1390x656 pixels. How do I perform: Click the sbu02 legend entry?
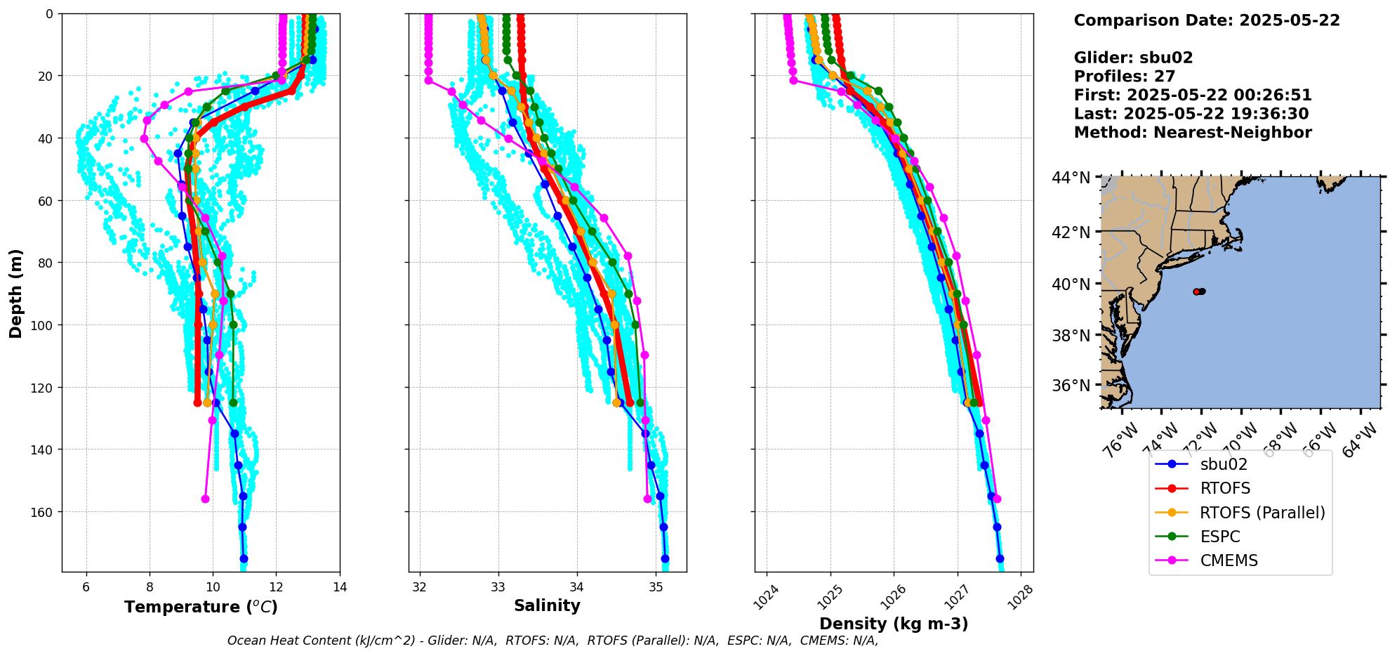pos(1224,464)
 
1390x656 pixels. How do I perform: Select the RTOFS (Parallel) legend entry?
pos(1262,513)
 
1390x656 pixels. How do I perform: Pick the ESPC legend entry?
pos(1220,537)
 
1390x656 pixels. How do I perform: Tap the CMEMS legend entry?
pos(1229,560)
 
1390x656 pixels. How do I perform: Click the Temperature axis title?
pos(201,607)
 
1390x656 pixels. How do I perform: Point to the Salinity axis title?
pos(547,605)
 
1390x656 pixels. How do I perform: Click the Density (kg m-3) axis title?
pos(894,624)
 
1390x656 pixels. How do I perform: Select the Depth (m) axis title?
pos(15,294)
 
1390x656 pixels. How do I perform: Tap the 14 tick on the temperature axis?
pos(340,587)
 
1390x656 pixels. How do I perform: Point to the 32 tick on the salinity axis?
pos(420,587)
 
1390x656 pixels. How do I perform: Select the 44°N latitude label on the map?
pos(1071,178)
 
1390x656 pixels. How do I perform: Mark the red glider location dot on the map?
pos(1196,291)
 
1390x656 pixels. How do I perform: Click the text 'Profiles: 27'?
pos(1124,77)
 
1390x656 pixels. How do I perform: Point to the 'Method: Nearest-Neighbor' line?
pos(1192,133)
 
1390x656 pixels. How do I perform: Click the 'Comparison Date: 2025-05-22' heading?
pos(1206,20)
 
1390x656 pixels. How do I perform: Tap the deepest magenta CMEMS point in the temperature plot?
pos(206,499)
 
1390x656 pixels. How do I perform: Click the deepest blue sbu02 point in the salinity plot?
pos(665,559)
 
